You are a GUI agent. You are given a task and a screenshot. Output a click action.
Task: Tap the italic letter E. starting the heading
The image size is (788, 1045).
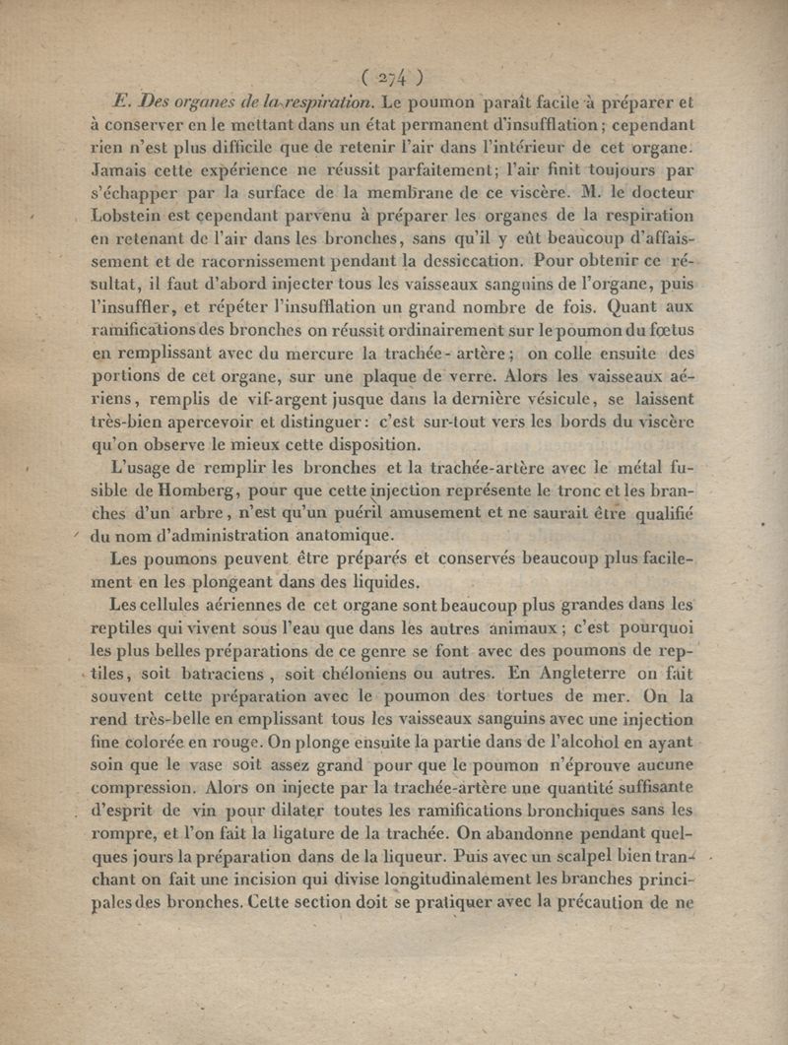(122, 101)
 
